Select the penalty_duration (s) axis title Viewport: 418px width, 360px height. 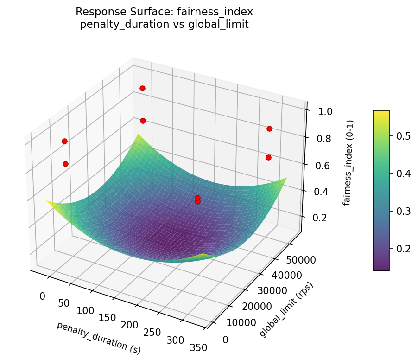[x=99, y=338]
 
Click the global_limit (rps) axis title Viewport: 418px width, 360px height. [x=287, y=309]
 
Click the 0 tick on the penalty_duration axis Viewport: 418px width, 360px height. [x=43, y=296]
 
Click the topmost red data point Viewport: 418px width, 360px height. [x=142, y=88]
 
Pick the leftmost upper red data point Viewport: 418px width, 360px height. [x=64, y=141]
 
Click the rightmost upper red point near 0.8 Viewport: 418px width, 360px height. [x=269, y=129]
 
